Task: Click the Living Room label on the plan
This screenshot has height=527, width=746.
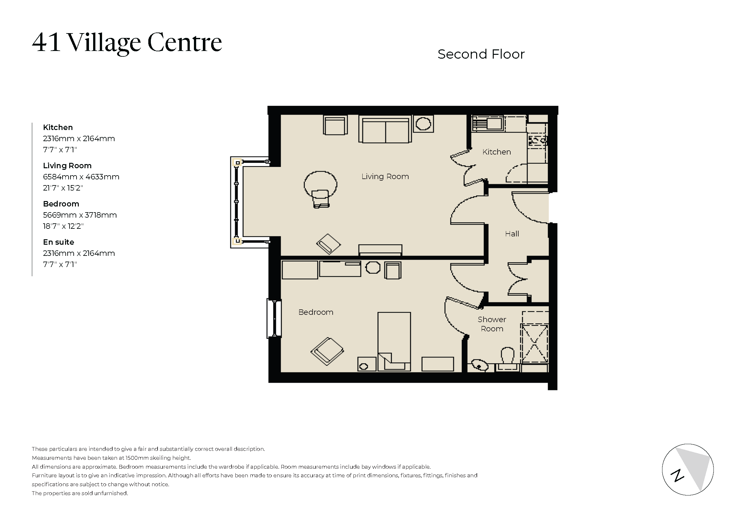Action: point(385,177)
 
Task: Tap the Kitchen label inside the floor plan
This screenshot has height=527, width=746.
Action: point(497,152)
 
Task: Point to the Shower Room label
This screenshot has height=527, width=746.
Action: point(491,324)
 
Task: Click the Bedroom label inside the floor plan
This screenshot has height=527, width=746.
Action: point(316,312)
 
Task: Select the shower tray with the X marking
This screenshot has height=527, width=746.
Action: point(535,343)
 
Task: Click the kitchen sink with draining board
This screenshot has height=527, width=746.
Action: point(487,124)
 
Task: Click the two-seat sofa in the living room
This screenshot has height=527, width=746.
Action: point(385,130)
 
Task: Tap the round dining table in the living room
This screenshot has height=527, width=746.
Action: point(320,184)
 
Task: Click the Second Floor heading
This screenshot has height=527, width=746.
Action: point(481,54)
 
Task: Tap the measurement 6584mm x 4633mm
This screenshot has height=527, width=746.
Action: point(81,177)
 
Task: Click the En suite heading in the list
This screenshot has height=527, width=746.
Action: point(58,242)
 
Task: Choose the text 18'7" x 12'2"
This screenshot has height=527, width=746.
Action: point(63,226)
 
